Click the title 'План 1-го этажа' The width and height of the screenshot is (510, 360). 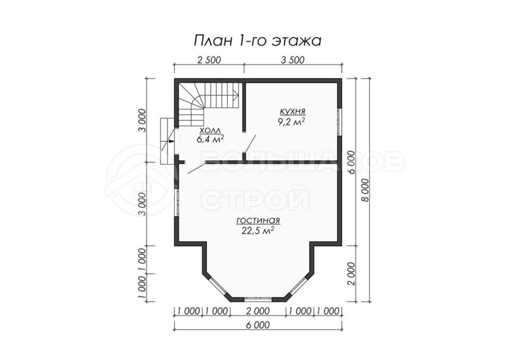(x=257, y=41)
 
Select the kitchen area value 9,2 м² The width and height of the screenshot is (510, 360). (x=292, y=122)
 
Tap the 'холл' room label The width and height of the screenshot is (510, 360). (x=210, y=131)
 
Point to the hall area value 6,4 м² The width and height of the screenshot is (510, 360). (x=210, y=140)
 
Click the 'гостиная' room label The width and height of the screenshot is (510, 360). (x=258, y=221)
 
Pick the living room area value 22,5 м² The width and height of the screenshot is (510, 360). (x=257, y=230)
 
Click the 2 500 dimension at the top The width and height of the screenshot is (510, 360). (x=208, y=60)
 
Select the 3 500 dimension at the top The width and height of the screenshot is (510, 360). (x=292, y=60)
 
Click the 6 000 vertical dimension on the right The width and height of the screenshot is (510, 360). (x=350, y=162)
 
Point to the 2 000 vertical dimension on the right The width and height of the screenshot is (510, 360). (x=350, y=274)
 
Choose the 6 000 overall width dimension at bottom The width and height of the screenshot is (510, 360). (x=257, y=325)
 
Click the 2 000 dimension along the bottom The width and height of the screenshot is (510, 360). (x=257, y=311)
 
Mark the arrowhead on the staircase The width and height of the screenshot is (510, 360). (x=236, y=95)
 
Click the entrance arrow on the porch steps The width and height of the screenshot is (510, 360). (x=169, y=141)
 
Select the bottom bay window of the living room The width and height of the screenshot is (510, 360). (x=257, y=298)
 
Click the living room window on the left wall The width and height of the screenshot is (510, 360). (x=176, y=202)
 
